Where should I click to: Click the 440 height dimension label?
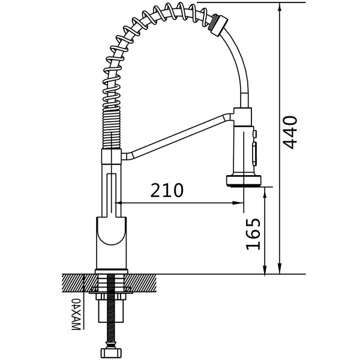pyautogui.click(x=290, y=133)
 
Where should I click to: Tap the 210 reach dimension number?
pyautogui.click(x=167, y=190)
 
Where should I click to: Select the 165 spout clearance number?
pyautogui.click(x=253, y=234)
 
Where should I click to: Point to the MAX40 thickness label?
pyautogui.click(x=76, y=314)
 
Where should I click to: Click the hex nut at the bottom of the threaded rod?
pyautogui.click(x=111, y=352)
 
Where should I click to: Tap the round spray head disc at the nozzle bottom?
pyautogui.click(x=244, y=180)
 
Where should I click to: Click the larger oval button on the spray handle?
pyautogui.click(x=254, y=152)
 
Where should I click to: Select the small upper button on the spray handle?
pyautogui.click(x=254, y=134)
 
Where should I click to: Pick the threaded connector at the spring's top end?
pyautogui.click(x=219, y=25)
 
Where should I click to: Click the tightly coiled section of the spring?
pyautogui.click(x=112, y=129)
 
